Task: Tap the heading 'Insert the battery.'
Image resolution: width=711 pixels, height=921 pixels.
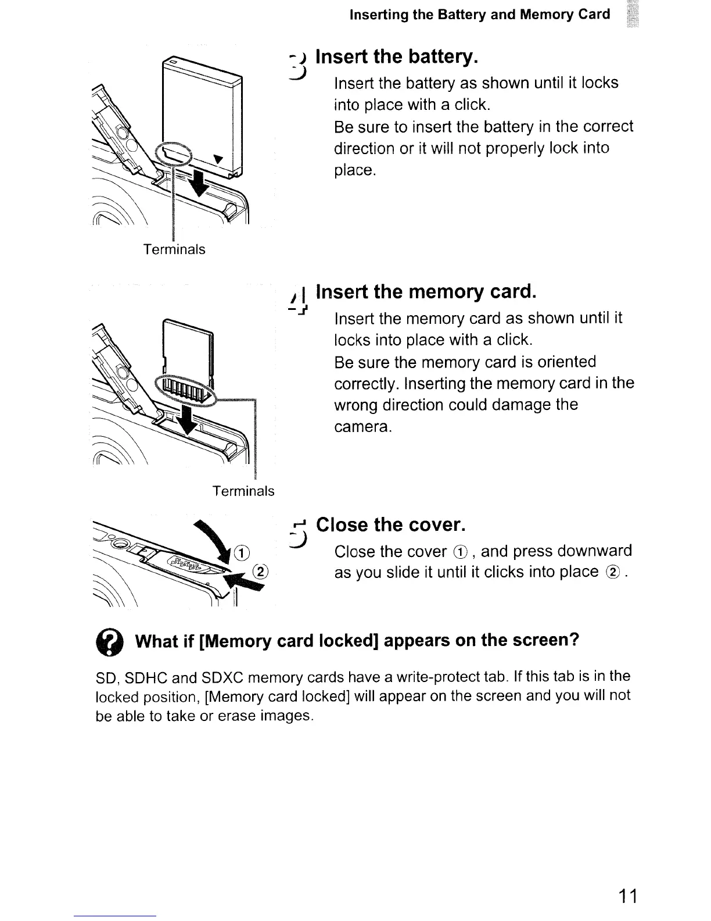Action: coord(397,57)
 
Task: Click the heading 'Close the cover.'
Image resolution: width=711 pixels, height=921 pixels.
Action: coord(390,524)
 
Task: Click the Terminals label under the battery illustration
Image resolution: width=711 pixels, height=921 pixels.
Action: coord(174,249)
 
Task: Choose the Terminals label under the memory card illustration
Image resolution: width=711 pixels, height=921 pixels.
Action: coord(243,491)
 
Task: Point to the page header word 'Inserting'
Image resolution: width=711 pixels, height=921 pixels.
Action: coord(379,15)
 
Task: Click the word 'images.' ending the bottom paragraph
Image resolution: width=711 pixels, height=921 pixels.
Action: coord(288,716)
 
